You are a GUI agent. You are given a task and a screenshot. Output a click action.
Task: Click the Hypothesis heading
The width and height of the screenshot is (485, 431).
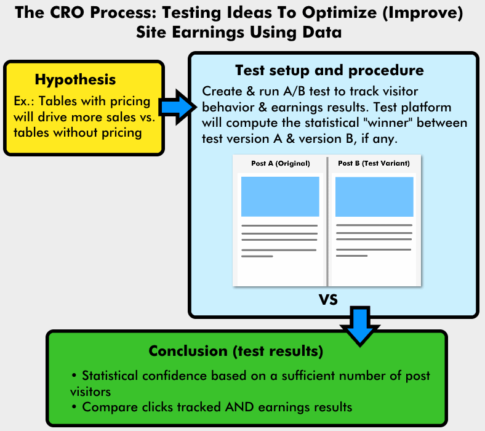(75, 80)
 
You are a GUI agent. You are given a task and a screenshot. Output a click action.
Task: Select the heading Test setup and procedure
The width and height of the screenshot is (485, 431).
(329, 71)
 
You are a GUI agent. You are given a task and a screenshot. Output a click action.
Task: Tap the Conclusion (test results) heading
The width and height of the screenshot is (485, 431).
(236, 351)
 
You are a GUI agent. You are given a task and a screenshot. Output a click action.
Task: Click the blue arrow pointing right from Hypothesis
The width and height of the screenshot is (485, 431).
(178, 107)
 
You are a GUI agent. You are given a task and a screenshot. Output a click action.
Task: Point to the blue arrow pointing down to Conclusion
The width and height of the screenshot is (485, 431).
(360, 326)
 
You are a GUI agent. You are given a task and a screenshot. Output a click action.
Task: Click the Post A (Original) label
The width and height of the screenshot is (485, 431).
(281, 163)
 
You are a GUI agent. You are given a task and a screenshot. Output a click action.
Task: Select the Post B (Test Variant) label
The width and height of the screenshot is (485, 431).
(374, 163)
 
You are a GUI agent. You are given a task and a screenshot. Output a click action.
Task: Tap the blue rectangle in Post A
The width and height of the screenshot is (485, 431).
(280, 196)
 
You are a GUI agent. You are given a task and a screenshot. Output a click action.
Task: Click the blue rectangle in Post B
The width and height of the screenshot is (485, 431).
(374, 196)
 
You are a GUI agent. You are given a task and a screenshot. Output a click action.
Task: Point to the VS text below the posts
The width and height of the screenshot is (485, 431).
(328, 299)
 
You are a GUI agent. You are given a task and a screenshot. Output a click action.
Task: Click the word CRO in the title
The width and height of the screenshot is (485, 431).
(67, 13)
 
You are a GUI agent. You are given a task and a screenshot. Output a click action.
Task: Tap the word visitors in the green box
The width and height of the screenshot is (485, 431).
(90, 392)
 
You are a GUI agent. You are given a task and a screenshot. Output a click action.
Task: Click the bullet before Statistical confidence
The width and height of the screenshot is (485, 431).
(74, 376)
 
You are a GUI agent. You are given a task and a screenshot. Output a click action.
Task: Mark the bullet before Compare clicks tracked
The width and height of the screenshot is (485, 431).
(74, 406)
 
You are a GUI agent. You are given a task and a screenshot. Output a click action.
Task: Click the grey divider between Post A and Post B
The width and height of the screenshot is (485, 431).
(327, 222)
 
